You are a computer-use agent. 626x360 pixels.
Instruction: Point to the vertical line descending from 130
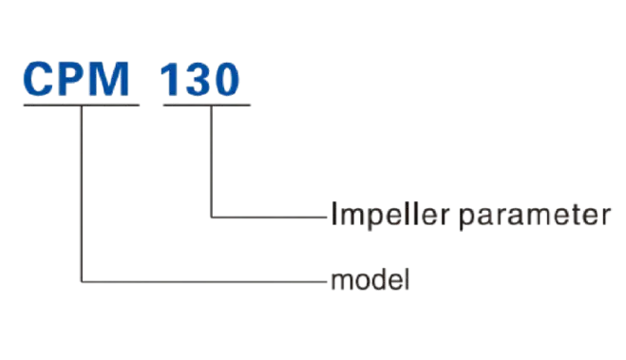207,161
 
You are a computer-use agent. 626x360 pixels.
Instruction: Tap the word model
369,282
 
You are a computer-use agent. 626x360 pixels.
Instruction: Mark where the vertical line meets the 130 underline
207,105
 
